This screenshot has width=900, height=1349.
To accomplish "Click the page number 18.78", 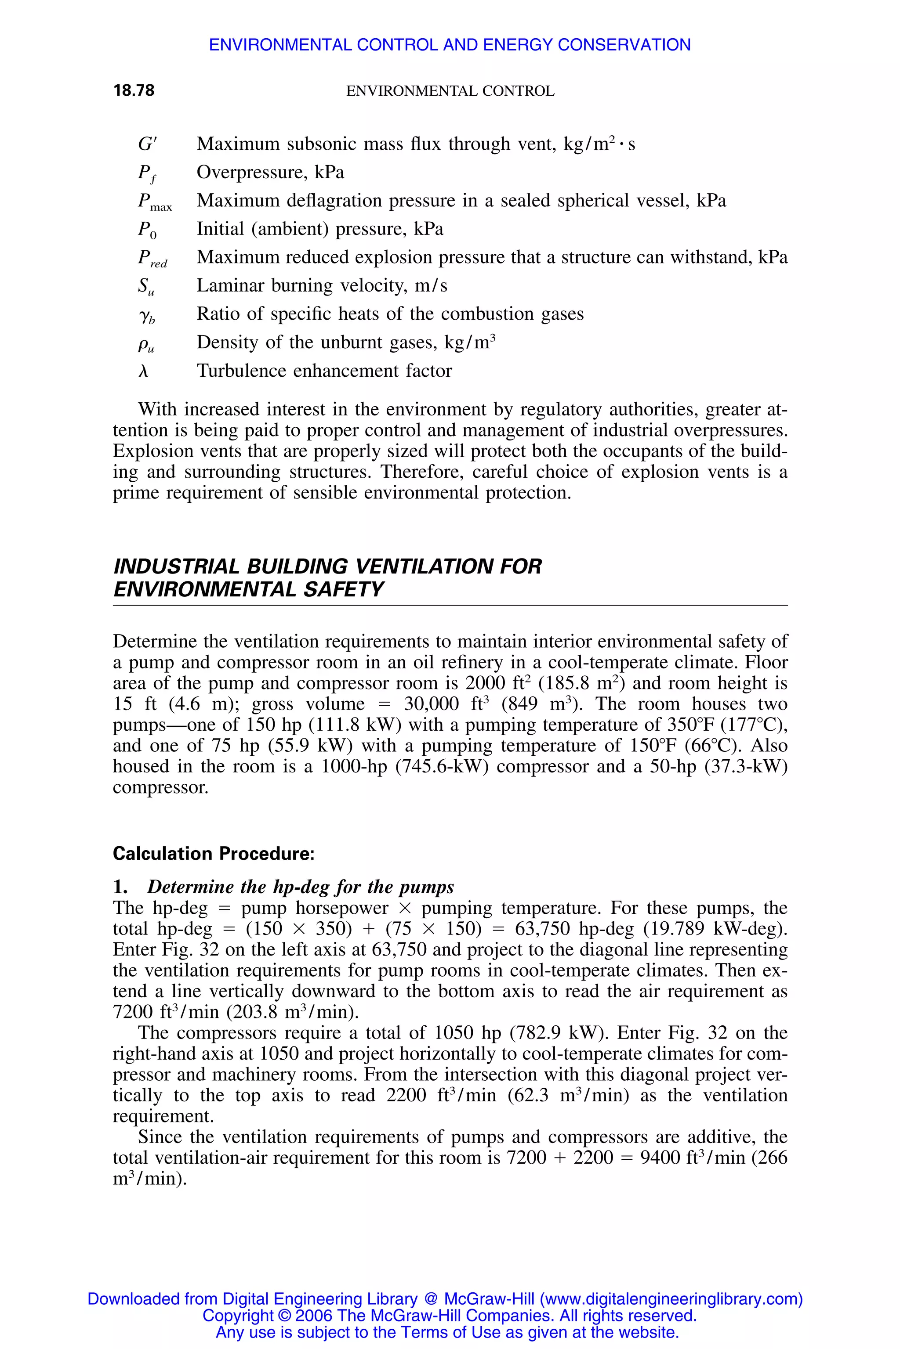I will pyautogui.click(x=134, y=90).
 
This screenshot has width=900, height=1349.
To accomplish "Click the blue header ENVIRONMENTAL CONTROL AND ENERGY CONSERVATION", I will pyautogui.click(x=450, y=45).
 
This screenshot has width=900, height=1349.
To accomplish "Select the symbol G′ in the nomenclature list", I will pyautogui.click(x=146, y=144).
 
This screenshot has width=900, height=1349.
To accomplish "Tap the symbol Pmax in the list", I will pyautogui.click(x=154, y=202).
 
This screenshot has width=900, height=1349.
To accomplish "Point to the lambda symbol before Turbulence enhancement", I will pyautogui.click(x=144, y=371).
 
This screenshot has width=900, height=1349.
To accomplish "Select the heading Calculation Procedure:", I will pyautogui.click(x=214, y=854).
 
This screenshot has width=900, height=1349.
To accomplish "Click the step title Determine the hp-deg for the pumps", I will pyautogui.click(x=300, y=887).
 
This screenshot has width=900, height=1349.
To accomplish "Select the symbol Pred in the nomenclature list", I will pyautogui.click(x=152, y=259).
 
